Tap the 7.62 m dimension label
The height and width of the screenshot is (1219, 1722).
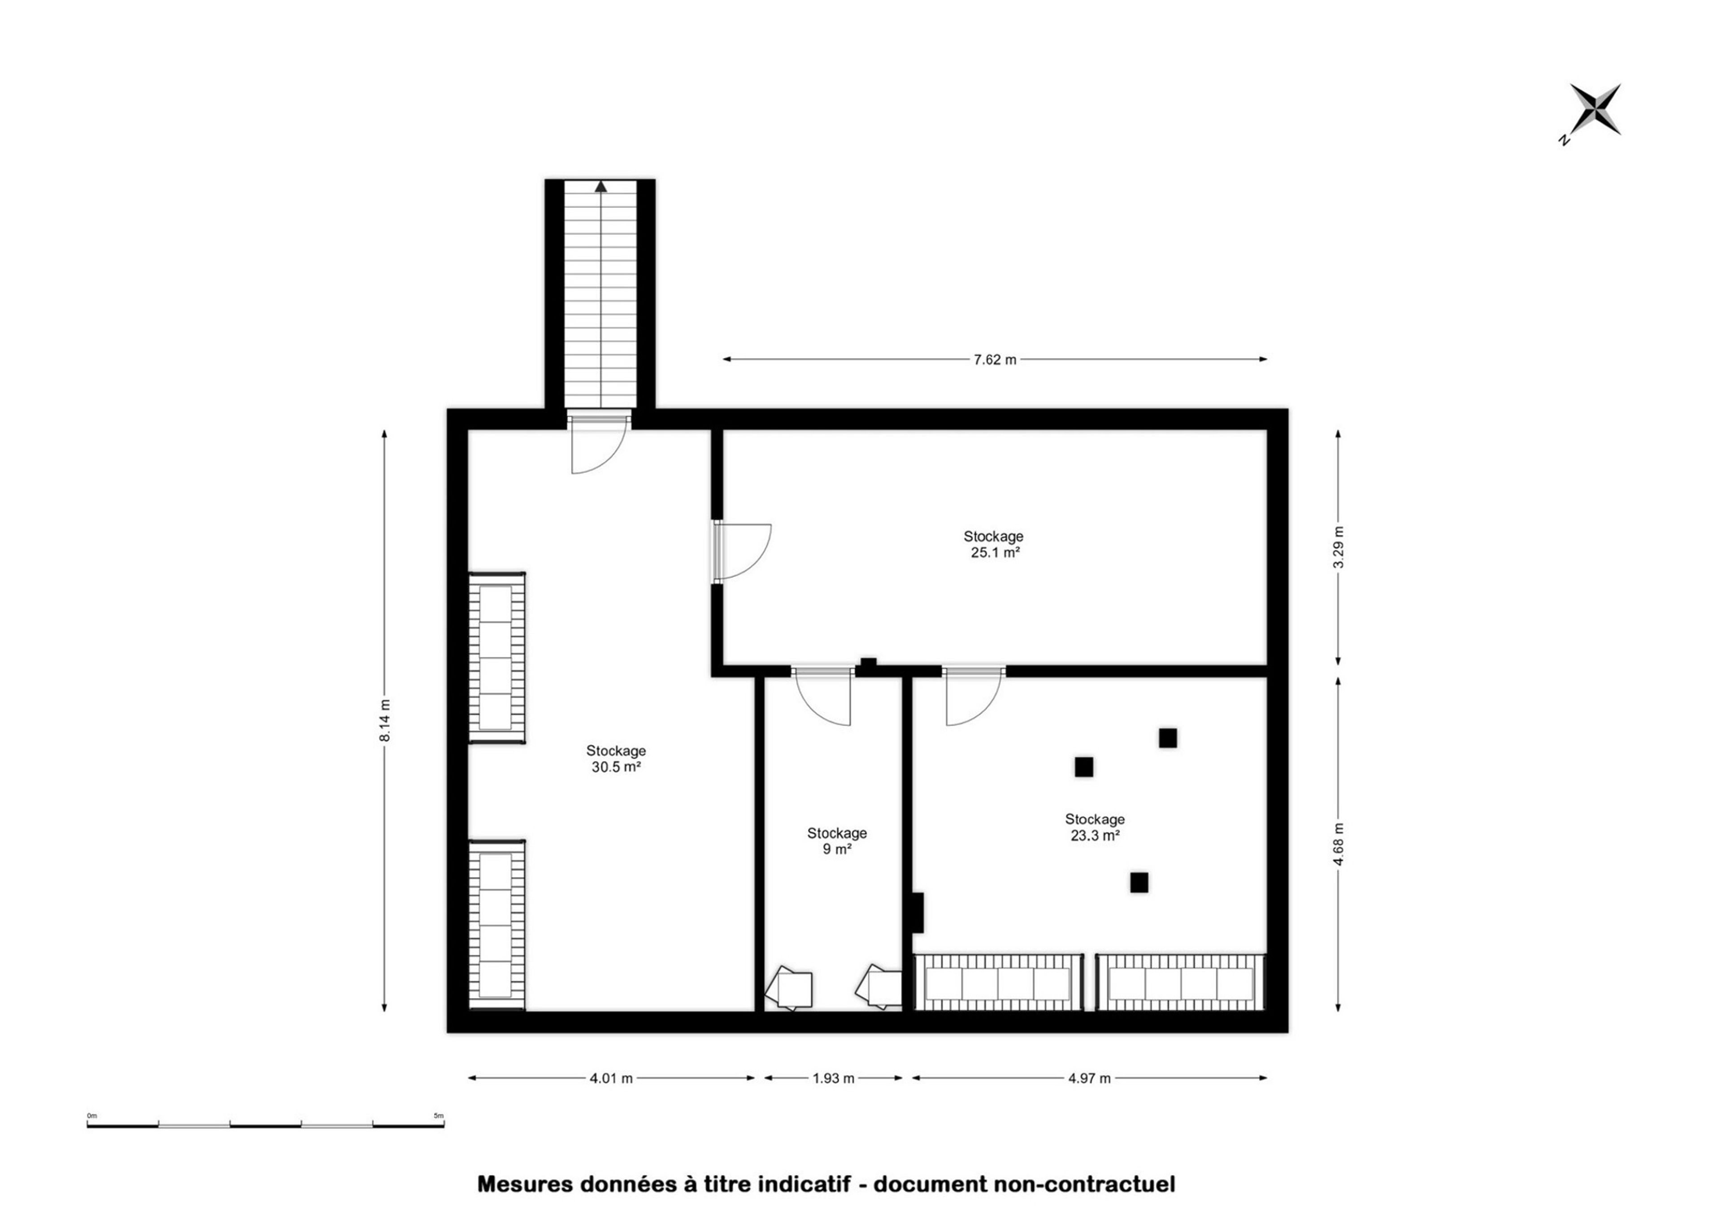click(x=995, y=359)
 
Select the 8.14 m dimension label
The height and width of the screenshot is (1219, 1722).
click(x=385, y=721)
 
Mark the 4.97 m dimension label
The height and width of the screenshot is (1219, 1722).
click(x=1089, y=1079)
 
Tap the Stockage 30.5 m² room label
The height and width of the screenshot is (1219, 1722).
click(x=616, y=759)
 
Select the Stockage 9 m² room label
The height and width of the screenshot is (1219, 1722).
click(x=837, y=841)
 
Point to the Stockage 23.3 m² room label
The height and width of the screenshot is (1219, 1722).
click(x=1095, y=827)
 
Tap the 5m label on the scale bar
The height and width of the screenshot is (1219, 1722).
click(x=439, y=1116)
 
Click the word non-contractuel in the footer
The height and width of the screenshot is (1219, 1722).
click(x=1084, y=1184)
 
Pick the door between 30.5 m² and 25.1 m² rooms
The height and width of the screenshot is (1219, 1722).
click(x=741, y=552)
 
